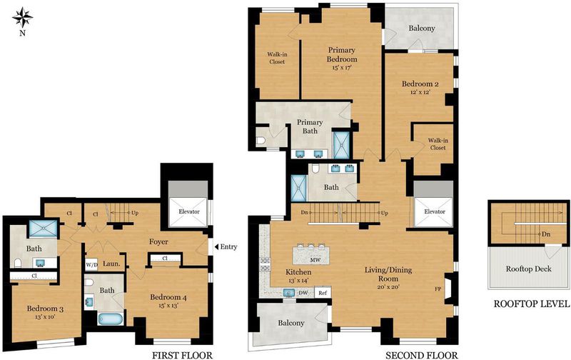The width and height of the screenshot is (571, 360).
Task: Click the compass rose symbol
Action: tap(23, 18)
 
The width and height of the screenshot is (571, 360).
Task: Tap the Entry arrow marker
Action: tap(216, 247)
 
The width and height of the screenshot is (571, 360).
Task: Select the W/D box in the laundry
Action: tap(91, 264)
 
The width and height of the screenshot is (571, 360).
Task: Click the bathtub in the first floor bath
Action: tap(111, 319)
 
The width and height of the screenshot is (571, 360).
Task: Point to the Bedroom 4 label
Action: tap(168, 297)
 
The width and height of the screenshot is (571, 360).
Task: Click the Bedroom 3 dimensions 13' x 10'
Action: tap(45, 316)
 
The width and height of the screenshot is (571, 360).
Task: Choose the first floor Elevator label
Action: tap(189, 211)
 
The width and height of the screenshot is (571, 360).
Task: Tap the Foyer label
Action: tap(158, 241)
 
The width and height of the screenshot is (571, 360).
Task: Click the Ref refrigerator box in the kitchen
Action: tap(323, 292)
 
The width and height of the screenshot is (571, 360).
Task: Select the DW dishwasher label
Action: tap(303, 293)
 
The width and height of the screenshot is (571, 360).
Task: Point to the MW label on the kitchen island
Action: tap(315, 260)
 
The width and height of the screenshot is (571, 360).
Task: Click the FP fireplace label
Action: tap(438, 289)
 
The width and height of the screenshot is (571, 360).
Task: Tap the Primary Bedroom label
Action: tap(342, 55)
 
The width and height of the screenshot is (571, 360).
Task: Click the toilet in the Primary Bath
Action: tap(261, 141)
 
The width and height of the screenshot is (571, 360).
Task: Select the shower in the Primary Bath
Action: tap(342, 145)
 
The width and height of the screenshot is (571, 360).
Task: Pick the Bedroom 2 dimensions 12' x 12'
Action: tap(420, 92)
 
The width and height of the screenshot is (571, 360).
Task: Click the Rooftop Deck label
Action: tap(528, 269)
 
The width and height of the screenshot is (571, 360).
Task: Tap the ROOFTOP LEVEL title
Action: tap(531, 304)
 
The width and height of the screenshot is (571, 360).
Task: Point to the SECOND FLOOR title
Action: tap(422, 355)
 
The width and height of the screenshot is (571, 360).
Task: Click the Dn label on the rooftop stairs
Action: tap(546, 234)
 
